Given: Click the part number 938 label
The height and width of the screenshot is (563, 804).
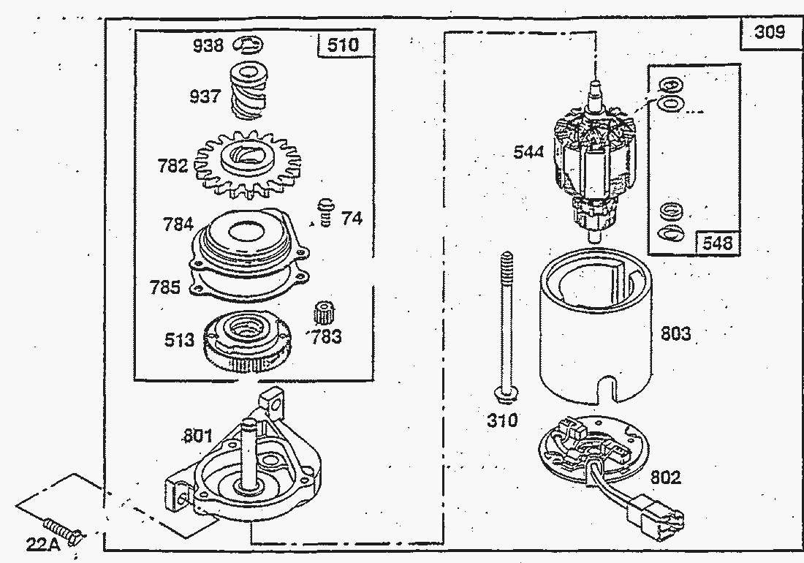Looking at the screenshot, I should pyautogui.click(x=208, y=46).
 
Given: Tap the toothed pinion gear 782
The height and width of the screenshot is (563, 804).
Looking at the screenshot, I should pyautogui.click(x=249, y=165).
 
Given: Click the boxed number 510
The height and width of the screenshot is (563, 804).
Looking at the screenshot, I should pyautogui.click(x=343, y=45).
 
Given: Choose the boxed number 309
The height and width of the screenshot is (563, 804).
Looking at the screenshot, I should pyautogui.click(x=770, y=32).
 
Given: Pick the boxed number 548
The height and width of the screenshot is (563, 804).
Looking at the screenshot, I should pyautogui.click(x=717, y=243).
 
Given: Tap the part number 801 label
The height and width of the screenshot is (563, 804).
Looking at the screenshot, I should pyautogui.click(x=197, y=437).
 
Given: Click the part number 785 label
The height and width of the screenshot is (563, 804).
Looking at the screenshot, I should pyautogui.click(x=164, y=287).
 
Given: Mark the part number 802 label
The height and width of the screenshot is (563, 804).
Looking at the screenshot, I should pyautogui.click(x=664, y=477).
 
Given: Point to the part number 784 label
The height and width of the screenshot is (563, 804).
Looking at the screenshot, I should pyautogui.click(x=178, y=224).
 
